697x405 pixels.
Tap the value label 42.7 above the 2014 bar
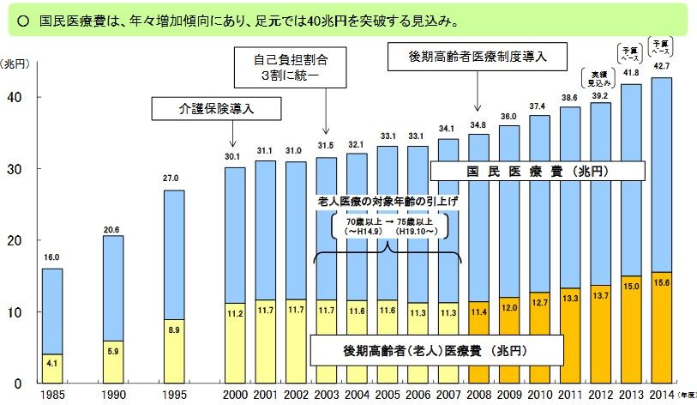661,65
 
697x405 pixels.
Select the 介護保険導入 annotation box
205,109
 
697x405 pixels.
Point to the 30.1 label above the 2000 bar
234,156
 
